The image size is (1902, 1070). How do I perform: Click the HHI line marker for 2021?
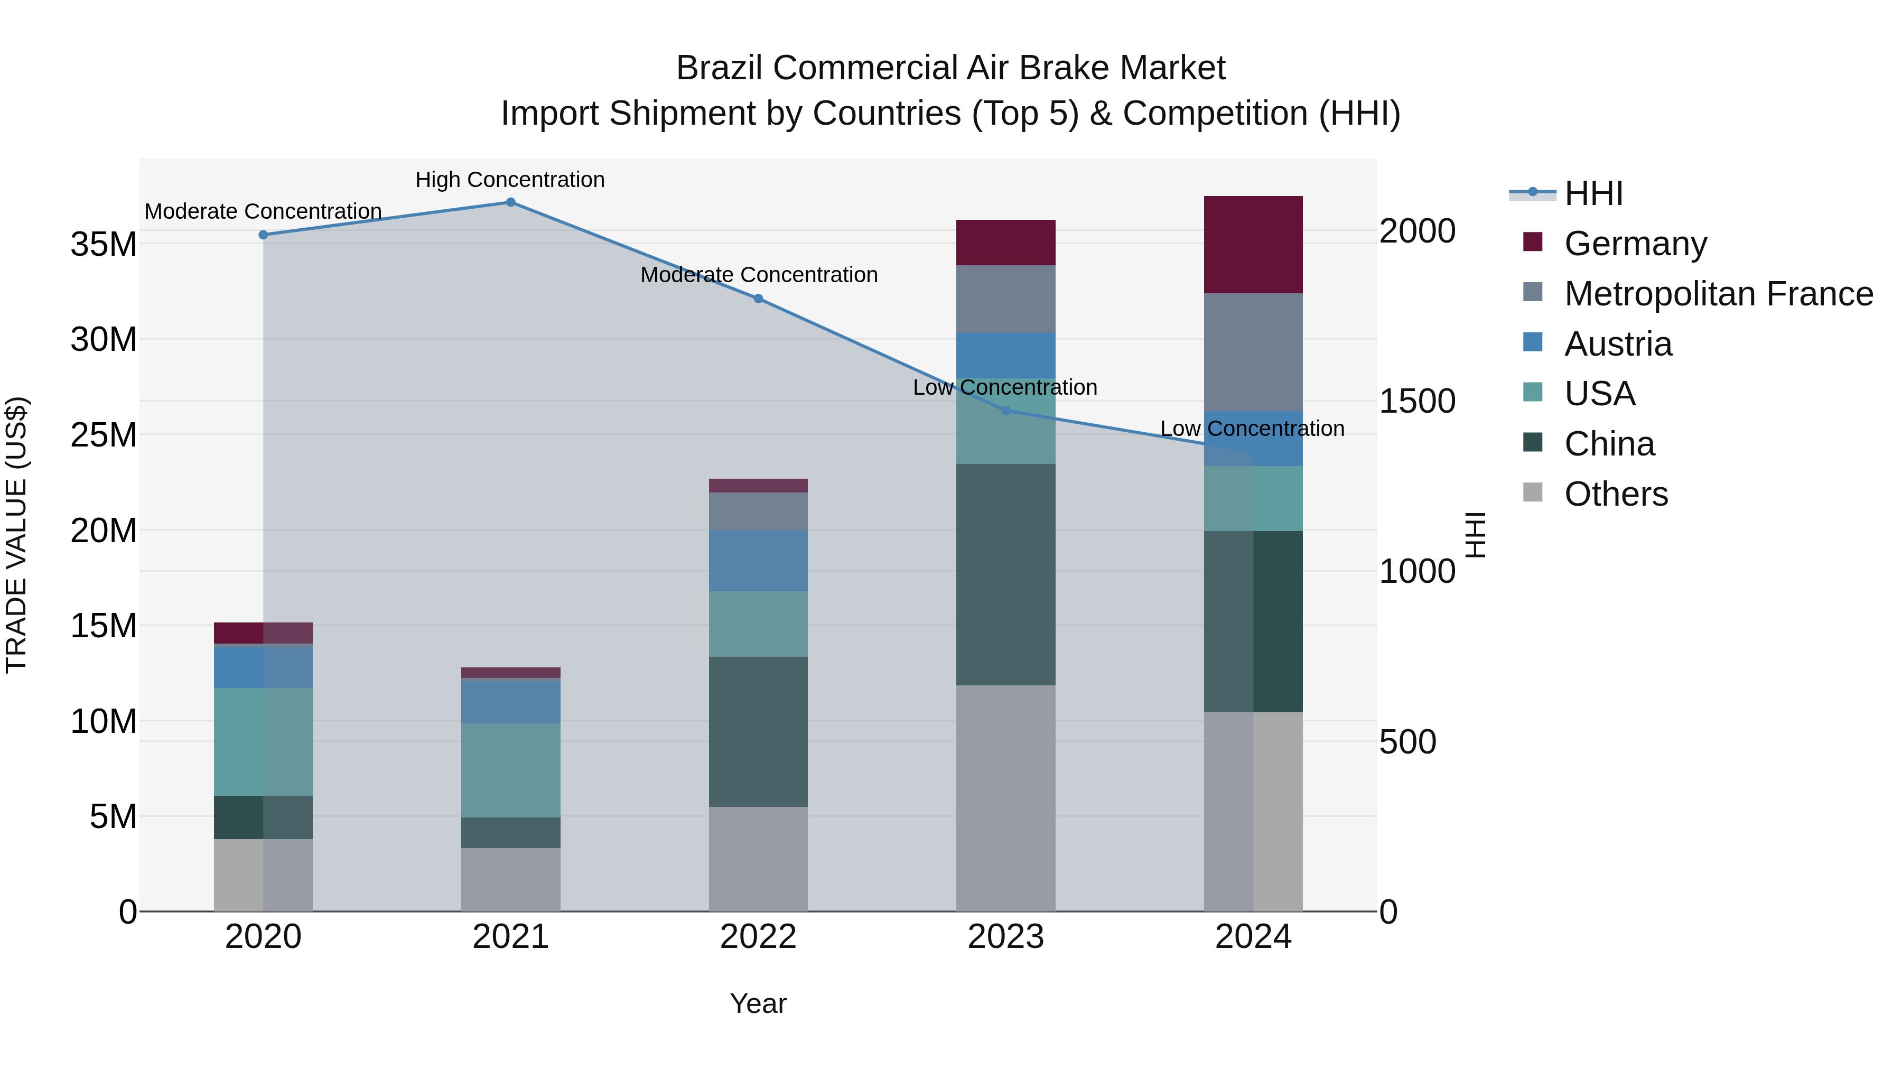click(x=510, y=202)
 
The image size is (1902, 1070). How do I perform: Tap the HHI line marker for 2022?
click(x=758, y=299)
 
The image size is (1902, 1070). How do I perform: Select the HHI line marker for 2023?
click(x=1005, y=411)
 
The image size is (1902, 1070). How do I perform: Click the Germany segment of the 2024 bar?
click(x=1253, y=245)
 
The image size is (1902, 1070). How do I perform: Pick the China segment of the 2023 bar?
click(x=1005, y=574)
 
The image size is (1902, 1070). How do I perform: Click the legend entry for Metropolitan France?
click(x=1718, y=294)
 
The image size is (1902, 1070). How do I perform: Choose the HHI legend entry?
click(x=1592, y=193)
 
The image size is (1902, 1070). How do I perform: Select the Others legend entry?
click(x=1616, y=494)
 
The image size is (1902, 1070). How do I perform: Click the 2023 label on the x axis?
click(x=1005, y=937)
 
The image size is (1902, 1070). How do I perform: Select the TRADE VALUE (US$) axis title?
click(x=16, y=535)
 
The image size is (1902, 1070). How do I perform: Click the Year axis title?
click(x=758, y=1003)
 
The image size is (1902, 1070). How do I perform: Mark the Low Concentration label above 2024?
click(x=1252, y=429)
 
